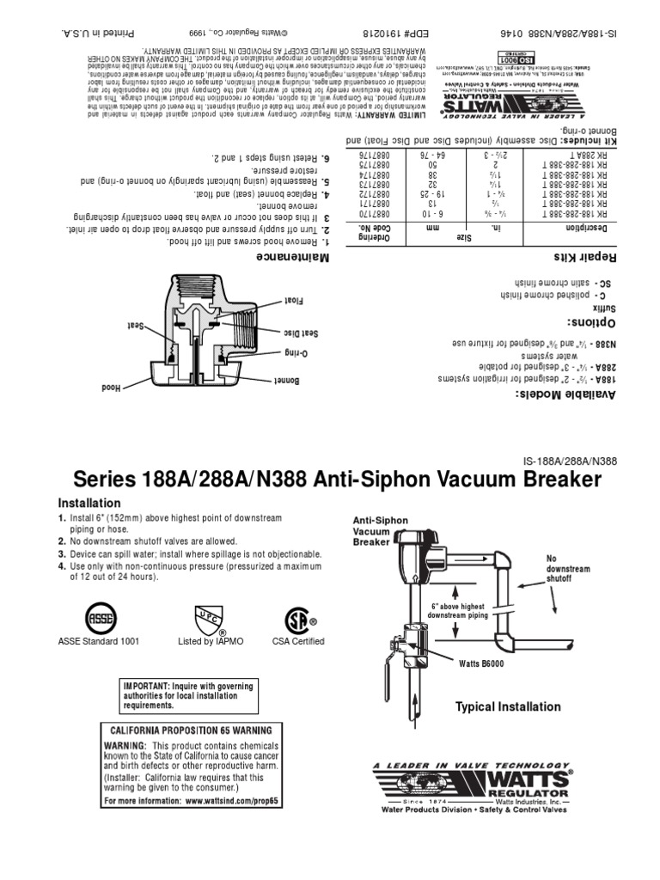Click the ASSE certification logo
tap(97, 617)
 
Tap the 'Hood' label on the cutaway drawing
tap(110, 387)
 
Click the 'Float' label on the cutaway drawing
tap(293, 300)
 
